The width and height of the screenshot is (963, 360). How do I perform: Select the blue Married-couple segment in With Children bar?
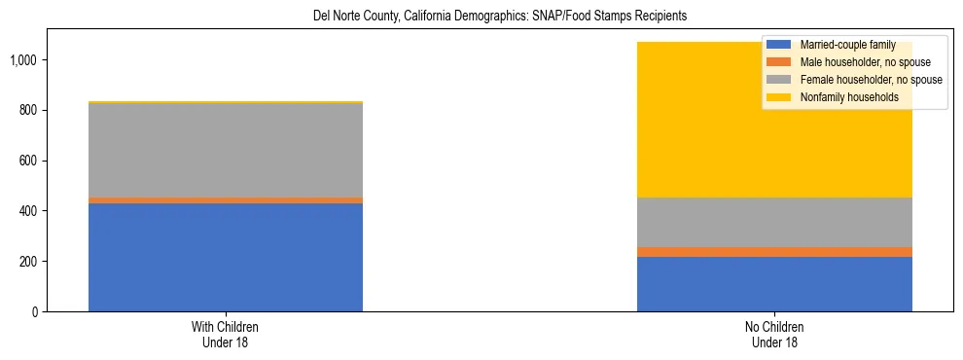226,257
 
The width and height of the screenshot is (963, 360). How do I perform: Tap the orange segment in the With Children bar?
226,199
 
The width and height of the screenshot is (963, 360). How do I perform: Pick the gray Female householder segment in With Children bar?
226,150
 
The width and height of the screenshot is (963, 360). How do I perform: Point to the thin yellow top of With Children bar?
226,102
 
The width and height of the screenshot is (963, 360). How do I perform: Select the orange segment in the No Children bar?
774,252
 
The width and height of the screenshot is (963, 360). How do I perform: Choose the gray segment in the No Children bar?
774,222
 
